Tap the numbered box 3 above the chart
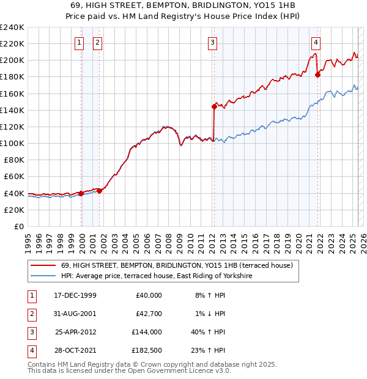212,43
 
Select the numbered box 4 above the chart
316,43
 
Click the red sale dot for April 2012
214,106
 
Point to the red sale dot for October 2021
317,75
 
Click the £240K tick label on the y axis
12,28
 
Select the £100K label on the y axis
12,143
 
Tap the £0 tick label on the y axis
18,226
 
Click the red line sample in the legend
43,265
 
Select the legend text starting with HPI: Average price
157,276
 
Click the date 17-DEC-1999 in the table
75,295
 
